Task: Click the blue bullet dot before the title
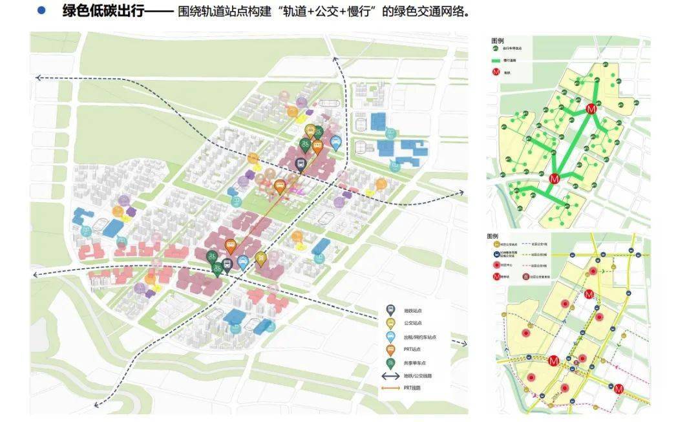(42, 11)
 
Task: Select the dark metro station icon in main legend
(390, 311)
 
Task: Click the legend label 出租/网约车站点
(421, 337)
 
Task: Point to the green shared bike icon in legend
(390, 363)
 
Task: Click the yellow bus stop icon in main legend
(390, 324)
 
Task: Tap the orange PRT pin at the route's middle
(279, 186)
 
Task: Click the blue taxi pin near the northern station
(335, 142)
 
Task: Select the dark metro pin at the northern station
(301, 165)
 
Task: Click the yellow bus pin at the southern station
(260, 258)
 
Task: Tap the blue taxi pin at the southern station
(242, 261)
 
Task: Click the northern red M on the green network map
(590, 110)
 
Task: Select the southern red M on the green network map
(553, 178)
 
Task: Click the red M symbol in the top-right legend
(496, 72)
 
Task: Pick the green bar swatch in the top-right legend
(496, 60)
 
